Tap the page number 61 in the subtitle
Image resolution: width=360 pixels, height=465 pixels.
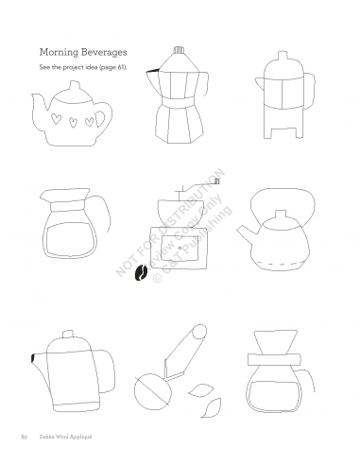pyautogui.click(x=121, y=67)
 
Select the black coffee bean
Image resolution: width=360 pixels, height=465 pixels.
pyautogui.click(x=141, y=272)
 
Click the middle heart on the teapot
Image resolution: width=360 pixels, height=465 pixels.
pyautogui.click(x=73, y=122)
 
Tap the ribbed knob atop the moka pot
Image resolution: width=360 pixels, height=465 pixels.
pyautogui.click(x=179, y=50)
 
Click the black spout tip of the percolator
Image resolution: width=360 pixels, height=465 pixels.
pyautogui.click(x=33, y=358)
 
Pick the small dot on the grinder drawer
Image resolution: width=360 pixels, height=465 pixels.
pyautogui.click(x=180, y=248)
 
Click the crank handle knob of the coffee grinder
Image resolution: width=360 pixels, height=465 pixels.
pyautogui.click(x=216, y=181)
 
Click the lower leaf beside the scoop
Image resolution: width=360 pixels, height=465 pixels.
pyautogui.click(x=212, y=407)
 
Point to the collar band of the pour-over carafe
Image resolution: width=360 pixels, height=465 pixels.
pyautogui.click(x=274, y=359)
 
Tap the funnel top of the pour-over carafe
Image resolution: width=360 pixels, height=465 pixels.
pyautogui.click(x=276, y=342)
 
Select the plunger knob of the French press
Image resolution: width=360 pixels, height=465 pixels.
pyautogui.click(x=283, y=55)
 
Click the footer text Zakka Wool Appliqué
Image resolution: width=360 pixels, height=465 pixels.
pyautogui.click(x=65, y=437)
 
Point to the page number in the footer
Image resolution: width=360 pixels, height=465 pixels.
pyautogui.click(x=24, y=437)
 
